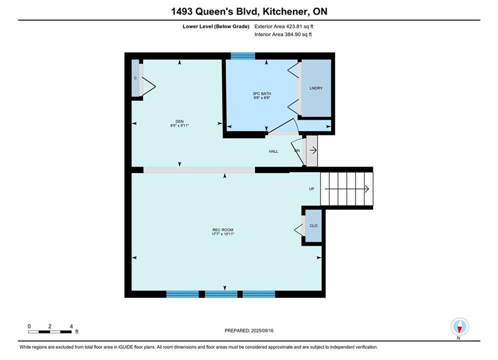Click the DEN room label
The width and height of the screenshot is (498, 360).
coord(180,121)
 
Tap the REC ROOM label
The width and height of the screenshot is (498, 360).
coord(223,230)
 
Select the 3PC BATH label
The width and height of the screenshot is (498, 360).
coord(262,93)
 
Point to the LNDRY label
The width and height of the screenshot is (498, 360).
coord(316,88)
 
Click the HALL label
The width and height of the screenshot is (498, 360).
coord(273,151)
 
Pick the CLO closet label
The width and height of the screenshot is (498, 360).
coord(313,226)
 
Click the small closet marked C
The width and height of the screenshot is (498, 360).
coord(135,78)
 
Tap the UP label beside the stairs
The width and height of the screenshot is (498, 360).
coord(312,188)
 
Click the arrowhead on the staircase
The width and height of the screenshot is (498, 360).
coord(367,189)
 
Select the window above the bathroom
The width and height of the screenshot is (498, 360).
coord(243,56)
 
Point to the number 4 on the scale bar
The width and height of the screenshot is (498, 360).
coord(71,326)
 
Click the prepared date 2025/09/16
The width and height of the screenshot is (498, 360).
coord(262,330)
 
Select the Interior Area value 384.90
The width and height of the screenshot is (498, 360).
coord(290,34)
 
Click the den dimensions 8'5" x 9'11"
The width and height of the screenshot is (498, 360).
coord(180,125)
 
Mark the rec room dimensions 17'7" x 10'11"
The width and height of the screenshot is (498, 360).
coord(223,234)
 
